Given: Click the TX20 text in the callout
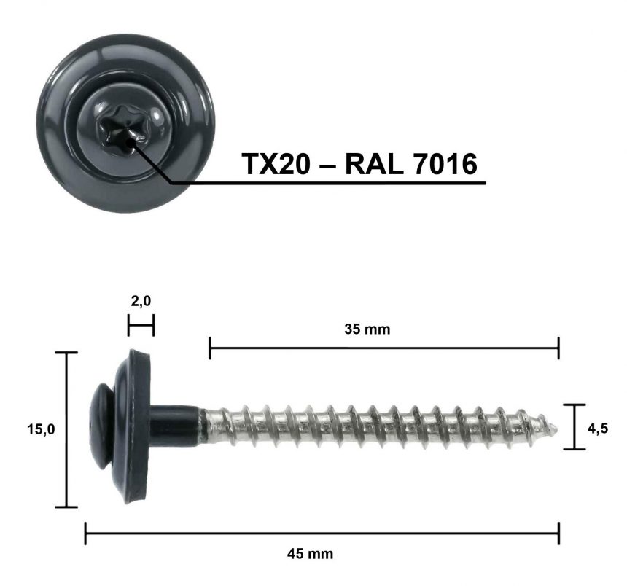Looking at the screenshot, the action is coord(276,164).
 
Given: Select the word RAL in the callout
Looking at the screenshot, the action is coord(373,164).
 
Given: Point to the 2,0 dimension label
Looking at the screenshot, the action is coord(141,300).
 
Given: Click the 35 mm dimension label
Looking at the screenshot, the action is coord(367,329).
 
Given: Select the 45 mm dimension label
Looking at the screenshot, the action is coord(310,554).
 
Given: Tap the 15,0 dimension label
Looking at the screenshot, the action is coord(41,429).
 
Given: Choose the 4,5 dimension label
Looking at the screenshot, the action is coord(597,428).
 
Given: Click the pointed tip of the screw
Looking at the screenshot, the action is coord(558,429).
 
